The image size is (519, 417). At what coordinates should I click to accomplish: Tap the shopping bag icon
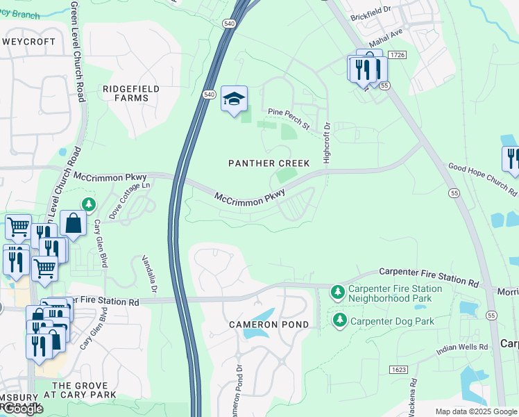[73, 223]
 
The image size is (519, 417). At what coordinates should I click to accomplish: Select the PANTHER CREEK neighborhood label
[269, 163]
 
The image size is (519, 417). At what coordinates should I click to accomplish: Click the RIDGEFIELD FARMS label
[130, 93]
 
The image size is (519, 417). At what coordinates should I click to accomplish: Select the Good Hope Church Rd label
[482, 179]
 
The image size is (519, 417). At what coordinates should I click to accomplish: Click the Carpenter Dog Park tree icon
[339, 320]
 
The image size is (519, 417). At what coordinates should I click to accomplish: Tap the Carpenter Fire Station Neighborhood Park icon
[338, 291]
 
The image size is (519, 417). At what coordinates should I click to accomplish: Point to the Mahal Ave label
[386, 42]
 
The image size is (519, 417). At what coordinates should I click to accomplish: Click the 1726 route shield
[397, 54]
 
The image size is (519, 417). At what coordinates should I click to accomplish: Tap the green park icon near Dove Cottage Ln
[88, 204]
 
